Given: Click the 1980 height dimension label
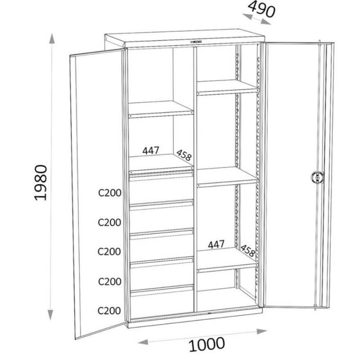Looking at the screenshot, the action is point(41,183).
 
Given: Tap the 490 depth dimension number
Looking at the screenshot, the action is point(261,9).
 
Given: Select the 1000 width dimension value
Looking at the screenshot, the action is point(207,344).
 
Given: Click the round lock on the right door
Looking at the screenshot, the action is point(317,177).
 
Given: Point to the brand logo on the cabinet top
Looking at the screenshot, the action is point(196,42).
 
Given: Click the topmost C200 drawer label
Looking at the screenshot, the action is point(110,193).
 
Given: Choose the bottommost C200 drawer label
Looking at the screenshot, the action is point(109,310).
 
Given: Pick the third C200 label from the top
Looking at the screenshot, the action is point(109,252).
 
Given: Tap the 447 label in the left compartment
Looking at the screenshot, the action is point(151,151).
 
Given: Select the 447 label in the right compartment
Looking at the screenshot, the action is point(216,244).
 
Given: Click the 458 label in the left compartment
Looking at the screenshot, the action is point(184,155).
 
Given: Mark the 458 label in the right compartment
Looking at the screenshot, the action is point(248,251).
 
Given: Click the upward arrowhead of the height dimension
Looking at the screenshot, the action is point(52,38).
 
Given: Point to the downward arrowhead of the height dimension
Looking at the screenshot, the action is point(50,315).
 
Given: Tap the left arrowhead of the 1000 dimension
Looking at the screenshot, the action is point(143,342).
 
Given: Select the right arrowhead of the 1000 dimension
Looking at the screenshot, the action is point(262,331).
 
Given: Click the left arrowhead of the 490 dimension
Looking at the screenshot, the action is point(247,16).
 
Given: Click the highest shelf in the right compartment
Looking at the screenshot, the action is point(228,87).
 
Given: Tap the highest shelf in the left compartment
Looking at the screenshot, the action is point(161,109).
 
